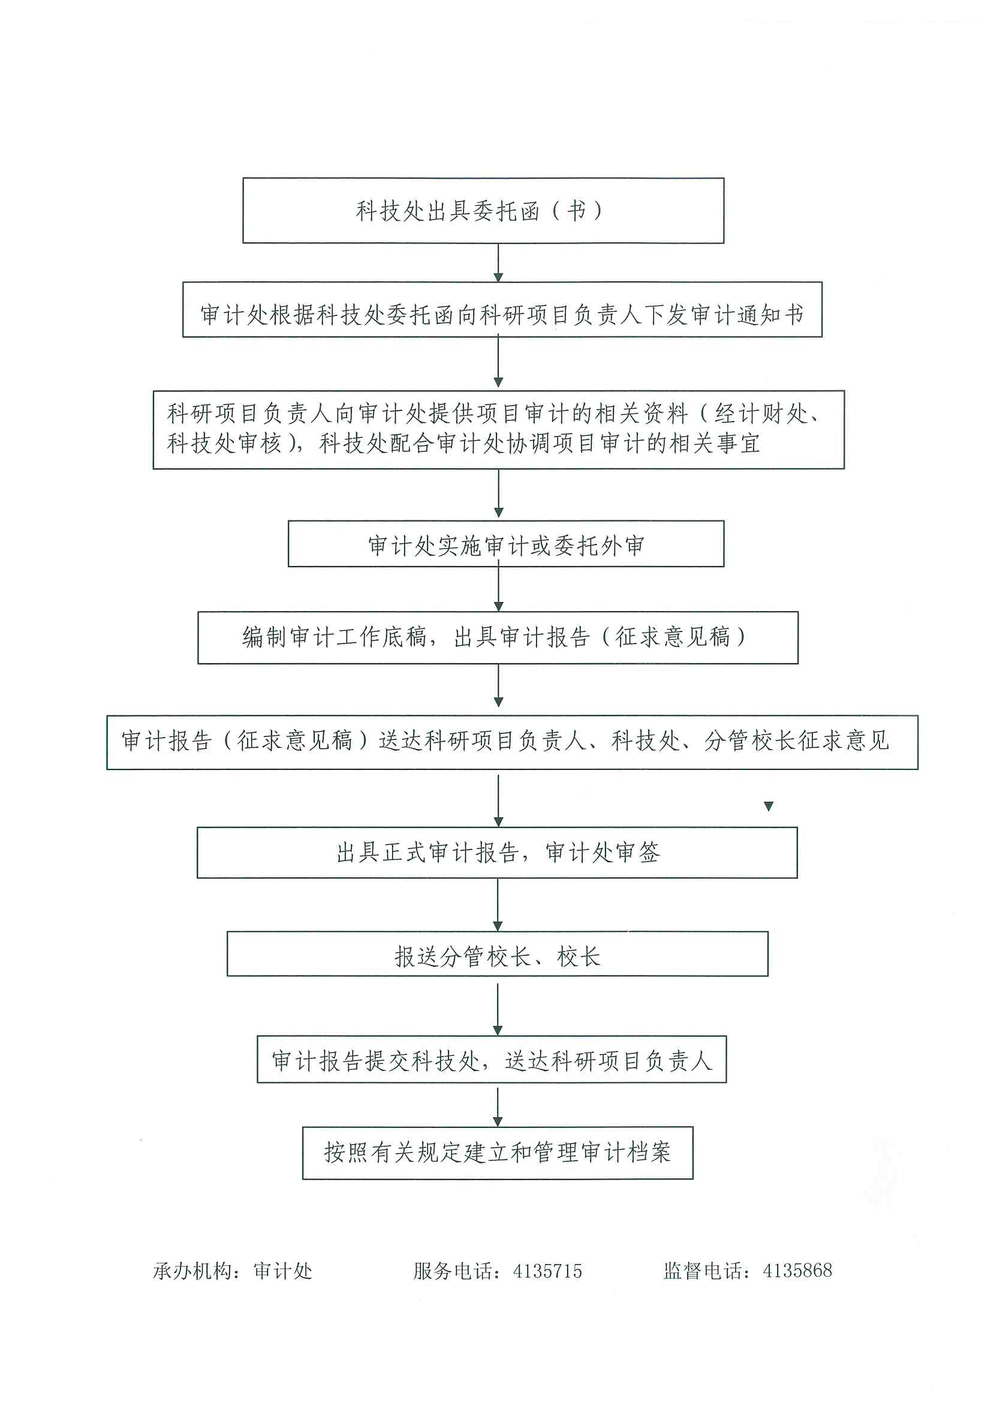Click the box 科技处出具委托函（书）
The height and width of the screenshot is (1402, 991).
(483, 210)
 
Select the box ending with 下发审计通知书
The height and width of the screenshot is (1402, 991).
(502, 309)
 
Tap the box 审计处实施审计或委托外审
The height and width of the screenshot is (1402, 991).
(505, 544)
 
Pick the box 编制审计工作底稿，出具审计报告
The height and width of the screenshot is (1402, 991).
(498, 637)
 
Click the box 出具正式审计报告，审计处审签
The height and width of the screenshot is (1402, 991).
(497, 853)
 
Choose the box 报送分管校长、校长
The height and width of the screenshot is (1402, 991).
(497, 954)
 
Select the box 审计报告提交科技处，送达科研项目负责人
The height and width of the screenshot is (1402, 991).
(492, 1060)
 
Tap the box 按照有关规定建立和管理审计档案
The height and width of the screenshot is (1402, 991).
(498, 1153)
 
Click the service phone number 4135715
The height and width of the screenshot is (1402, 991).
(547, 1271)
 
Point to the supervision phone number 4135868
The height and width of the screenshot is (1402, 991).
(797, 1270)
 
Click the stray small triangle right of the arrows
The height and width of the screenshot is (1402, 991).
(769, 807)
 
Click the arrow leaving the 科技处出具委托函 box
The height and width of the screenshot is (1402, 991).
(498, 263)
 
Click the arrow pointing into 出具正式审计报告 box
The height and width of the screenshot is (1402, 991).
(498, 800)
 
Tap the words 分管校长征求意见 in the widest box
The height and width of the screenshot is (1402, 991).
(797, 741)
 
